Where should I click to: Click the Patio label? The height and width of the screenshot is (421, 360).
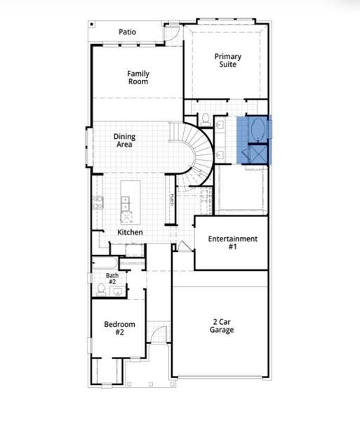[127, 32]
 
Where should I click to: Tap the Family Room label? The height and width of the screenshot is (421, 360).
[138, 77]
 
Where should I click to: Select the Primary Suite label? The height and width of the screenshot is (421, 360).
[227, 60]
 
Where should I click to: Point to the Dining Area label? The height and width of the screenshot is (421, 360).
[124, 140]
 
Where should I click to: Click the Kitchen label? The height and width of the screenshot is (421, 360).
[130, 232]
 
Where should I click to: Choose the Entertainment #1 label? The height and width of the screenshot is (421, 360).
[232, 243]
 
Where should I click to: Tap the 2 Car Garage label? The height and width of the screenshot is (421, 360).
[222, 326]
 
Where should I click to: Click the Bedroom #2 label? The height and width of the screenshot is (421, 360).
[114, 328]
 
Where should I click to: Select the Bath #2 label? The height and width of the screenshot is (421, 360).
[112, 279]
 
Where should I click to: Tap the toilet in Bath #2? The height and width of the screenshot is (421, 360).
[102, 288]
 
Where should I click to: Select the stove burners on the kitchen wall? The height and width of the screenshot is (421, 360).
[98, 203]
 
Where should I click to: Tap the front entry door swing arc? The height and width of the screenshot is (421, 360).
[161, 335]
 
